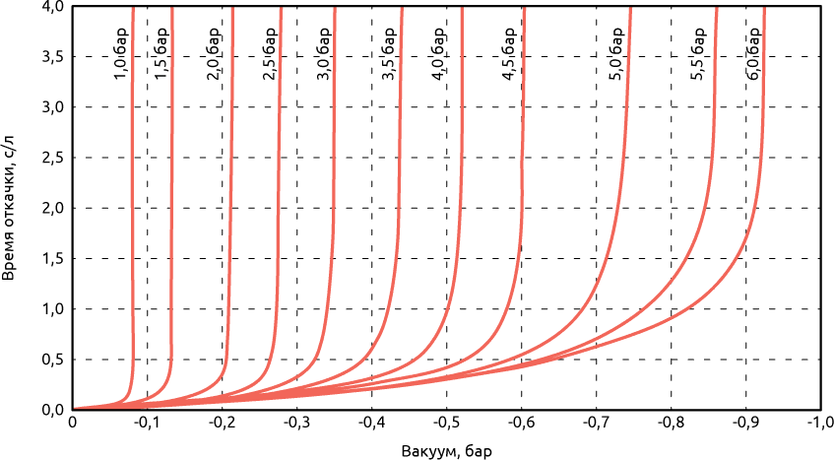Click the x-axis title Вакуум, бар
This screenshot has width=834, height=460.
pyautogui.click(x=445, y=451)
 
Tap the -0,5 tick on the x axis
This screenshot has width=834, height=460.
pyautogui.click(x=446, y=423)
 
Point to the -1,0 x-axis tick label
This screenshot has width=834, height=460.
pyautogui.click(x=819, y=423)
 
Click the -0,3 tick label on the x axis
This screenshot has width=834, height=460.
pyautogui.click(x=296, y=423)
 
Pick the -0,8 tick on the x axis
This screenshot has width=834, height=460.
pyautogui.click(x=671, y=423)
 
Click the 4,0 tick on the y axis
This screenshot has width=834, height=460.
pyautogui.click(x=53, y=7)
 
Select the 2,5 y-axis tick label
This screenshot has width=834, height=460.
pyautogui.click(x=53, y=158)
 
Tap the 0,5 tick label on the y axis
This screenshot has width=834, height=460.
pyautogui.click(x=53, y=360)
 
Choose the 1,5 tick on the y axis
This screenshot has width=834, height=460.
pyautogui.click(x=53, y=259)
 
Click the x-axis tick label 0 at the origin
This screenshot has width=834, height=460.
pyautogui.click(x=72, y=423)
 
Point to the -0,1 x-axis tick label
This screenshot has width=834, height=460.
pyautogui.click(x=147, y=423)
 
